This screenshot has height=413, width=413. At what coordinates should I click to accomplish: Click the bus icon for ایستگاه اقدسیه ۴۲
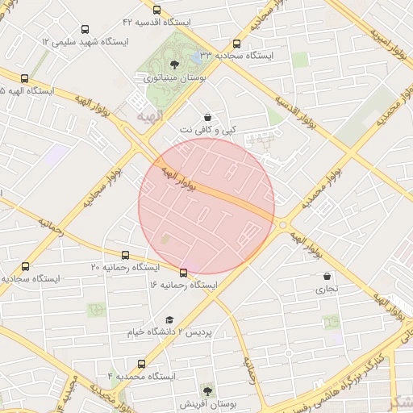(156, 10)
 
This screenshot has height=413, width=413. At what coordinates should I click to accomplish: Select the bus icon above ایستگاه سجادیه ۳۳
(236, 44)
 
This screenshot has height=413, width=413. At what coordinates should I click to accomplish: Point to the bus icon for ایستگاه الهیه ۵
(24, 79)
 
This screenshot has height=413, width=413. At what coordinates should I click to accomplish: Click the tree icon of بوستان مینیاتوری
(175, 65)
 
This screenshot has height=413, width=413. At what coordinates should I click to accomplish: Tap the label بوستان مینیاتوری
(175, 78)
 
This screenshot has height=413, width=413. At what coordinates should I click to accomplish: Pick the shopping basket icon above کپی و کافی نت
(208, 117)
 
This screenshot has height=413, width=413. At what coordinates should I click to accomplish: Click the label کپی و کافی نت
(208, 130)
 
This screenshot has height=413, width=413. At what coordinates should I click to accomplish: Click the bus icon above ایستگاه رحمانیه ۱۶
(184, 273)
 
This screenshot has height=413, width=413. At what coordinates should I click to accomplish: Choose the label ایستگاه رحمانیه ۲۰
(125, 267)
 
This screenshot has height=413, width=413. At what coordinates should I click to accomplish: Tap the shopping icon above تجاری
(327, 276)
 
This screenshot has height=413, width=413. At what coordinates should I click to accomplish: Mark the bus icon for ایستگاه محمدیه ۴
(142, 364)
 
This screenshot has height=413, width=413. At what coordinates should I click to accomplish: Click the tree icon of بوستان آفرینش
(208, 390)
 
